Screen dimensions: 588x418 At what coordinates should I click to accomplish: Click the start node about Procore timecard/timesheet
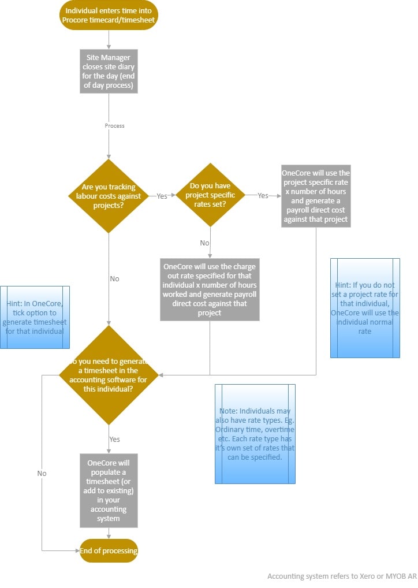[109, 16]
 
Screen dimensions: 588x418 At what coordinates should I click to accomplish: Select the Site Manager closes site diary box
[109, 70]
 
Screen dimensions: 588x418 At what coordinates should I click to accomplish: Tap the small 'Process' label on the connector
[114, 125]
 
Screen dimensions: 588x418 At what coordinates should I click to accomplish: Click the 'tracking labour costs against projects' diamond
[109, 196]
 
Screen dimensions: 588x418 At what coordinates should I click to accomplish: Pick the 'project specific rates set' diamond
[210, 196]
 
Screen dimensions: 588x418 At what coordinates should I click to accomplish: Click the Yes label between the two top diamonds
[162, 196]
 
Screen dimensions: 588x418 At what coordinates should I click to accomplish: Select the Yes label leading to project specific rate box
[263, 196]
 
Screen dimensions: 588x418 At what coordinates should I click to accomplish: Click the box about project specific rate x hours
[316, 196]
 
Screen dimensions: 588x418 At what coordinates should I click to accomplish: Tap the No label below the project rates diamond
[204, 243]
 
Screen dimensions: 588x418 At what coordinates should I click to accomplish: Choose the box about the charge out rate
[210, 289]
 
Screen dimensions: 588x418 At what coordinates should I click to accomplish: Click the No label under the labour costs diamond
[114, 279]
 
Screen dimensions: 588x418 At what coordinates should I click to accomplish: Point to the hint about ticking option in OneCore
[35, 317]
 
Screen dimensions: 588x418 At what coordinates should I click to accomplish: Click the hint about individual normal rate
[365, 308]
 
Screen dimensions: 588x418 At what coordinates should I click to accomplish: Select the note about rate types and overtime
[255, 433]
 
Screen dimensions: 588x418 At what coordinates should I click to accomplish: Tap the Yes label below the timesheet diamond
[114, 440]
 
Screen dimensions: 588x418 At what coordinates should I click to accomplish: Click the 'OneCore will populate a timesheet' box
[109, 490]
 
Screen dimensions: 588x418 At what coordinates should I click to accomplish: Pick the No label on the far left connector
[42, 474]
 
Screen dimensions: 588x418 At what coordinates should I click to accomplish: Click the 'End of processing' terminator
[109, 550]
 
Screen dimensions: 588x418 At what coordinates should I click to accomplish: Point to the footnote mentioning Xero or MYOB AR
[342, 576]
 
